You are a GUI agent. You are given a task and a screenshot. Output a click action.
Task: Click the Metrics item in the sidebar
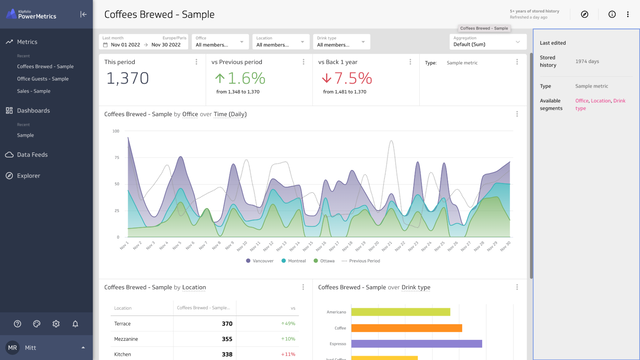coord(27,42)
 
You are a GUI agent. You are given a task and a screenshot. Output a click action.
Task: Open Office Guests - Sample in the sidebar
coord(43,78)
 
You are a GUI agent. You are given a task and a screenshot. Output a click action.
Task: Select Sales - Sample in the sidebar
coord(37,91)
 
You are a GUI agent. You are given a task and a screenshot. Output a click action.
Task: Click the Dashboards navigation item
coord(33,110)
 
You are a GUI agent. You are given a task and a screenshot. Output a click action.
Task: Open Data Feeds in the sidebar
coord(33,155)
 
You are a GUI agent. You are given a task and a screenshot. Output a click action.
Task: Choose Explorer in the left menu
coord(28,176)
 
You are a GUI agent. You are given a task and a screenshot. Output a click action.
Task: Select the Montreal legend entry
coord(297,260)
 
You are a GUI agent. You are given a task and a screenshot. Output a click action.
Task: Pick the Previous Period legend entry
coord(365,260)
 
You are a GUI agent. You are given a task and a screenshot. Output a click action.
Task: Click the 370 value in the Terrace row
coord(226,323)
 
